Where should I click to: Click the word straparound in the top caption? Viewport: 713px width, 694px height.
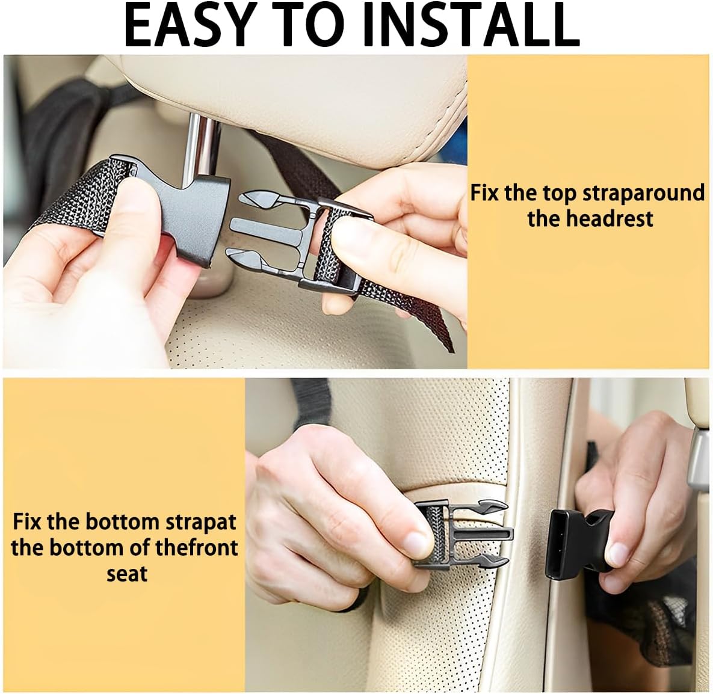(643, 193)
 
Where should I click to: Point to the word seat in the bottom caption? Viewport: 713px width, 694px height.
(127, 574)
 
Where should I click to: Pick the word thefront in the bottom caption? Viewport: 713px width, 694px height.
(196, 547)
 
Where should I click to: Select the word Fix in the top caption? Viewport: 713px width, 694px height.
(485, 193)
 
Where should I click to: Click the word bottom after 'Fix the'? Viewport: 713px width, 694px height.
(122, 522)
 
